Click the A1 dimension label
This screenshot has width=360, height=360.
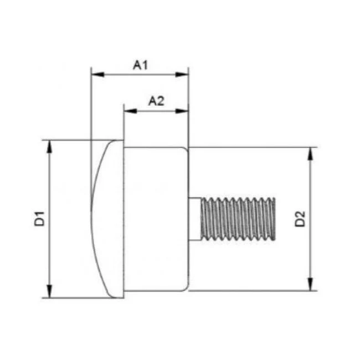click(140, 65)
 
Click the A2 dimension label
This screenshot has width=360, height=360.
click(156, 101)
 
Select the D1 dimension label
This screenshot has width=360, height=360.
click(39, 219)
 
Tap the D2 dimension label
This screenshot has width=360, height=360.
click(300, 219)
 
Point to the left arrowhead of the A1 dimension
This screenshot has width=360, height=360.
click(97, 75)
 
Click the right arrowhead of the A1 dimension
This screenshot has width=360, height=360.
click(182, 75)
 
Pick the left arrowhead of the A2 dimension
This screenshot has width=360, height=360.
click(130, 111)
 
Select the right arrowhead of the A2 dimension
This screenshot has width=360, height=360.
click(182, 111)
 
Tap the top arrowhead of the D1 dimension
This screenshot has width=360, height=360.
click(49, 147)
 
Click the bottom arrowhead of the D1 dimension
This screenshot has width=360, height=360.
click(49, 291)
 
